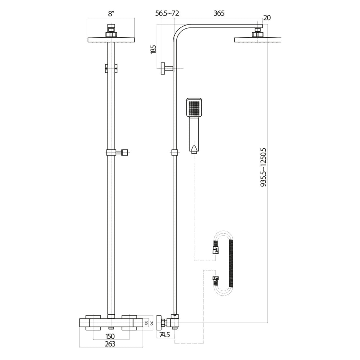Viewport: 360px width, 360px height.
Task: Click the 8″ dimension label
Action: (x=111, y=14)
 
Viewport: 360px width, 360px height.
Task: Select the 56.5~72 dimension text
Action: (x=167, y=14)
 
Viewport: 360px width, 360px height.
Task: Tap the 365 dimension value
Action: (x=219, y=14)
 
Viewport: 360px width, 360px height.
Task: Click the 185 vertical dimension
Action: (x=153, y=50)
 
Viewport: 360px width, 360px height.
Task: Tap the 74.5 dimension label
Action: (x=166, y=334)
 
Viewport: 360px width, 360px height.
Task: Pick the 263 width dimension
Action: (x=111, y=344)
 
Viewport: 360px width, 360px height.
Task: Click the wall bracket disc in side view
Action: (x=163, y=68)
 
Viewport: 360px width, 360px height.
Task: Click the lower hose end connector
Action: (x=216, y=279)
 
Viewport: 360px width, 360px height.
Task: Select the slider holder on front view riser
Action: (x=117, y=153)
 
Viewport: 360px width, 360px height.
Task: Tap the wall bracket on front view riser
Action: (x=111, y=68)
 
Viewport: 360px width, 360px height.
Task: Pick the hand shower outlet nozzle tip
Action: (x=194, y=152)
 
